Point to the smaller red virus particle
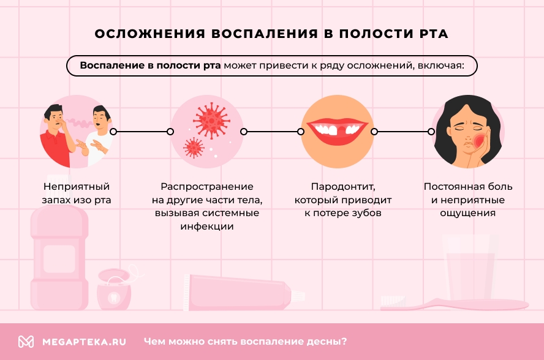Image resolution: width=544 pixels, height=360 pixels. click(x=194, y=146)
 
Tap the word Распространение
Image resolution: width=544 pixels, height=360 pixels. click(x=207, y=186)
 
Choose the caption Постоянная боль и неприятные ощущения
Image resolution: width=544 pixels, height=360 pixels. click(x=468, y=200)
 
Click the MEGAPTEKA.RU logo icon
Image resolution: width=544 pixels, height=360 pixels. click(x=26, y=342)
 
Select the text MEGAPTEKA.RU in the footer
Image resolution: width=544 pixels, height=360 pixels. click(x=84, y=342)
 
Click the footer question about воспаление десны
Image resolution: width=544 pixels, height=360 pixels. click(x=245, y=342)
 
